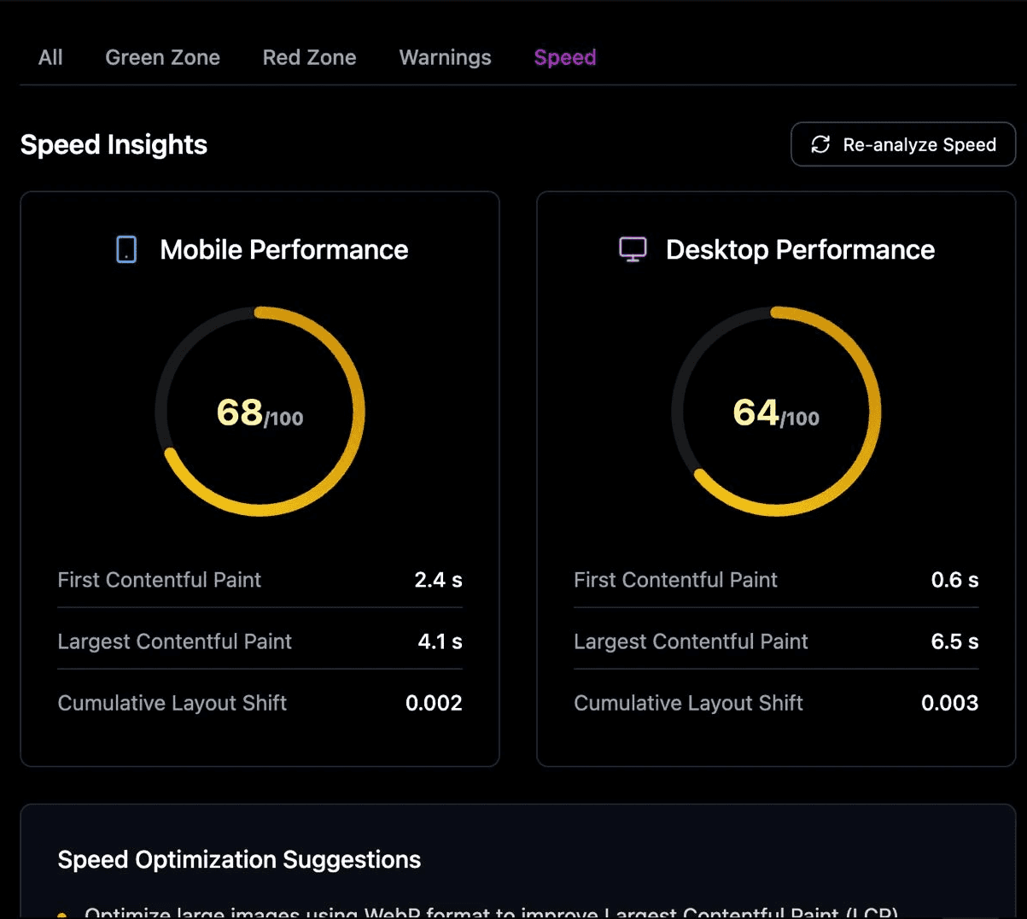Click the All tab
(50, 57)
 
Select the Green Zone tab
(162, 57)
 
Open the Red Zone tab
(309, 57)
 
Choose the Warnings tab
(445, 57)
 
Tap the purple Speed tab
(564, 57)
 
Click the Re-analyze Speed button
(902, 144)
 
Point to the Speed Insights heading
(114, 144)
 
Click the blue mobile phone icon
(126, 249)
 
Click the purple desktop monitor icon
(633, 249)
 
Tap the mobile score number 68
(240, 413)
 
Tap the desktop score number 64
(756, 413)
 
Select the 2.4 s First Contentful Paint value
(438, 580)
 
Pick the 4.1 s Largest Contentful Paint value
(440, 641)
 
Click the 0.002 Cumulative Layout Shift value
(434, 703)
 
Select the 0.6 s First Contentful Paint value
(954, 580)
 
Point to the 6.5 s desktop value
(954, 641)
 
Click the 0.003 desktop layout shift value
(949, 703)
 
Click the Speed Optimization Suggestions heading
(239, 859)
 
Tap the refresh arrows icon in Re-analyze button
(820, 144)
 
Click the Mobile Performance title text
(283, 249)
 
